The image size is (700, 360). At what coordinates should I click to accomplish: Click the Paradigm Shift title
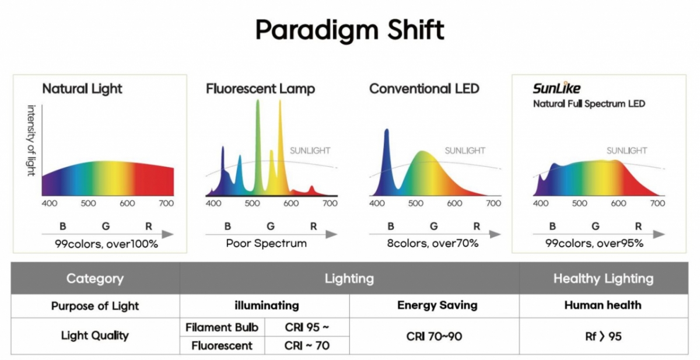[x=349, y=29]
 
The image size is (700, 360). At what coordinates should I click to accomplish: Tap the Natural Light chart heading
[x=82, y=89]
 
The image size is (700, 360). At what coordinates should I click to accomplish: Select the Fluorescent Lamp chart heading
[x=260, y=89]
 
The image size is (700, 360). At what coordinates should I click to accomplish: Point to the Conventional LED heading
[x=424, y=89]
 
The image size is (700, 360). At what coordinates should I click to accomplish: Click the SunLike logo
[x=556, y=88]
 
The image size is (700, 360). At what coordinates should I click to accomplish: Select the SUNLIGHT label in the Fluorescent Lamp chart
[x=310, y=151]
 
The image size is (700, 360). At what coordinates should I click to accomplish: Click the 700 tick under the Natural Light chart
[x=166, y=203]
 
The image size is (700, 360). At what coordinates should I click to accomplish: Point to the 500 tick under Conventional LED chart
[x=416, y=203]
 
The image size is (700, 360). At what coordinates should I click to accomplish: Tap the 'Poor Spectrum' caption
[x=266, y=243]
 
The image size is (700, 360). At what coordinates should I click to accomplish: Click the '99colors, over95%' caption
[x=594, y=243]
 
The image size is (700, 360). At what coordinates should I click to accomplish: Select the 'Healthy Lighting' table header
[x=603, y=278]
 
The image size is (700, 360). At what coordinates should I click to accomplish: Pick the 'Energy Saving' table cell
[x=437, y=305]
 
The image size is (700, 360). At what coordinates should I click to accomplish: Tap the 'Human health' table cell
[x=603, y=305]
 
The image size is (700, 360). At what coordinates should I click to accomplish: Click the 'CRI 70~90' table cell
[x=435, y=336]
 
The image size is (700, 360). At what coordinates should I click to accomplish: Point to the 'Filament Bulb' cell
[x=222, y=327]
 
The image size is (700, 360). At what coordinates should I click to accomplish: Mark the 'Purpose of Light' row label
[x=94, y=306]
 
